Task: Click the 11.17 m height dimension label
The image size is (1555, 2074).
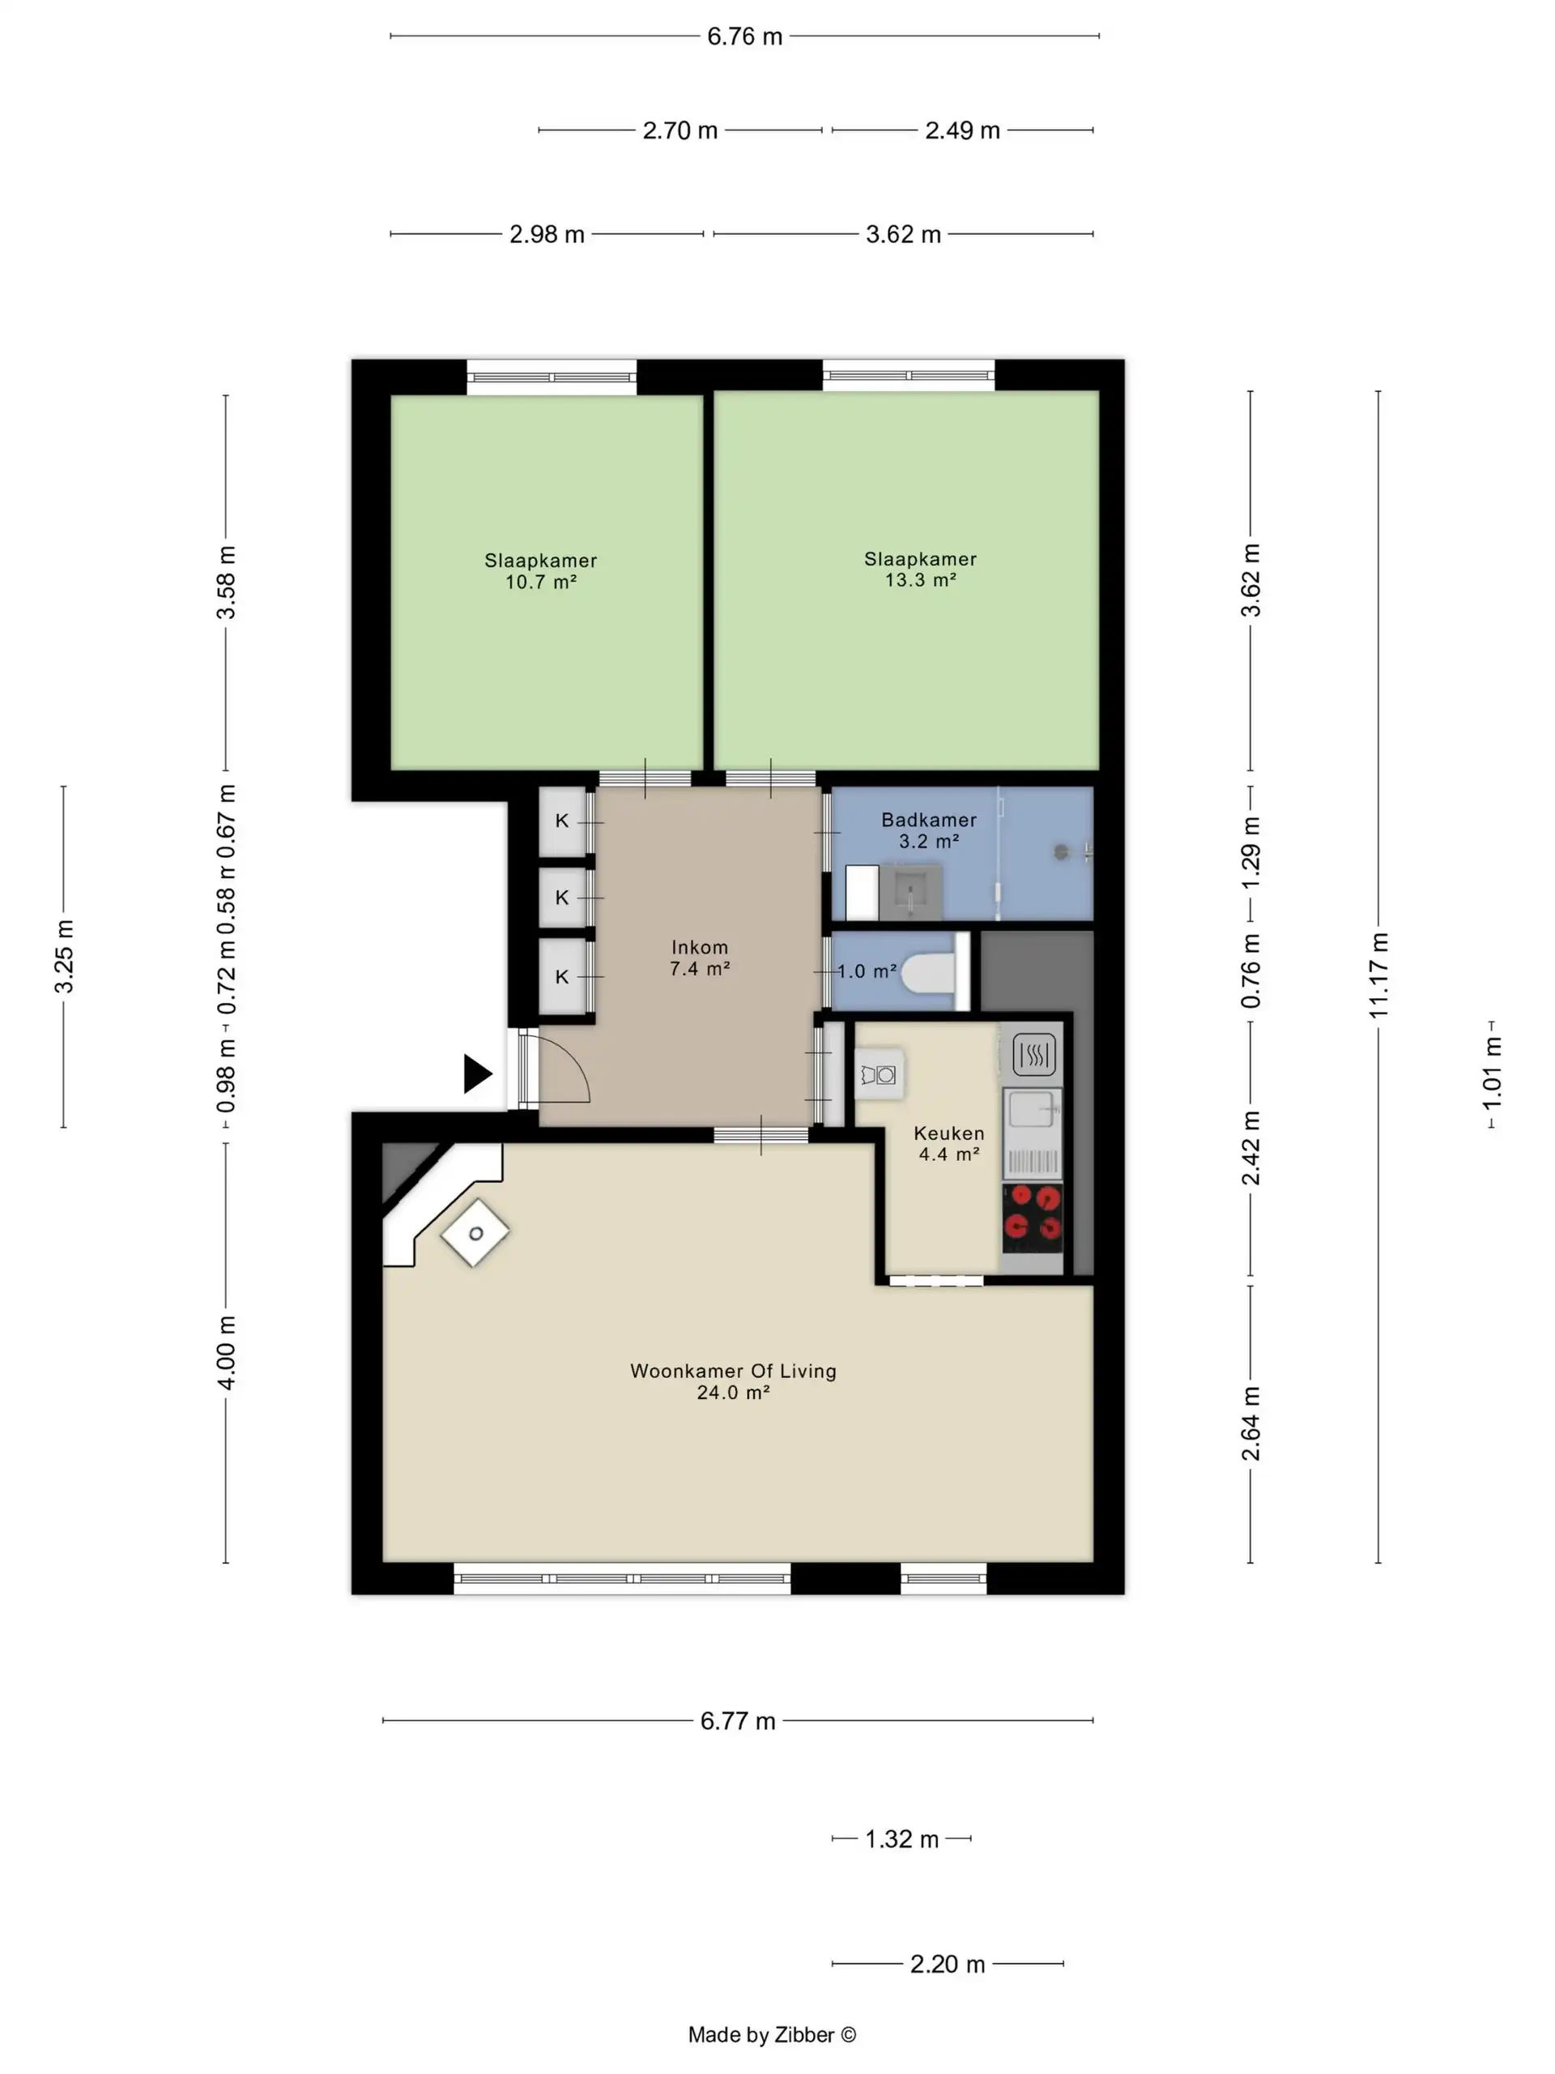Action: [x=1377, y=975]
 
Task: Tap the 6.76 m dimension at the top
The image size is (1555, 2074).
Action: [x=744, y=36]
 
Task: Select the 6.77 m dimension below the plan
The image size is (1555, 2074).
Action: [x=738, y=1721]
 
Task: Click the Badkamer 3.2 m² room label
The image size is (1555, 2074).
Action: [x=928, y=830]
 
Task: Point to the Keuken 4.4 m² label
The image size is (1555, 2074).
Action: [x=948, y=1143]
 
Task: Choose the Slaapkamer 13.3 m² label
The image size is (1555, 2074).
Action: [x=919, y=569]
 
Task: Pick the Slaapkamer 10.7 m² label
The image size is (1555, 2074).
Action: [x=540, y=571]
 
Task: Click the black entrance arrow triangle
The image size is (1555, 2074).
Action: [x=476, y=1073]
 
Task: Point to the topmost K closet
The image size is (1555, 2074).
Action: [x=562, y=821]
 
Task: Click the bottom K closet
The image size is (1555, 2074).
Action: [x=562, y=976]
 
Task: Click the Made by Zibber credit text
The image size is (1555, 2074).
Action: [x=771, y=2033]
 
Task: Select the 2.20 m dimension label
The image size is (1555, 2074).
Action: [x=947, y=1963]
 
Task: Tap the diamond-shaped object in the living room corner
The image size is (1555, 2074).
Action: [x=475, y=1233]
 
